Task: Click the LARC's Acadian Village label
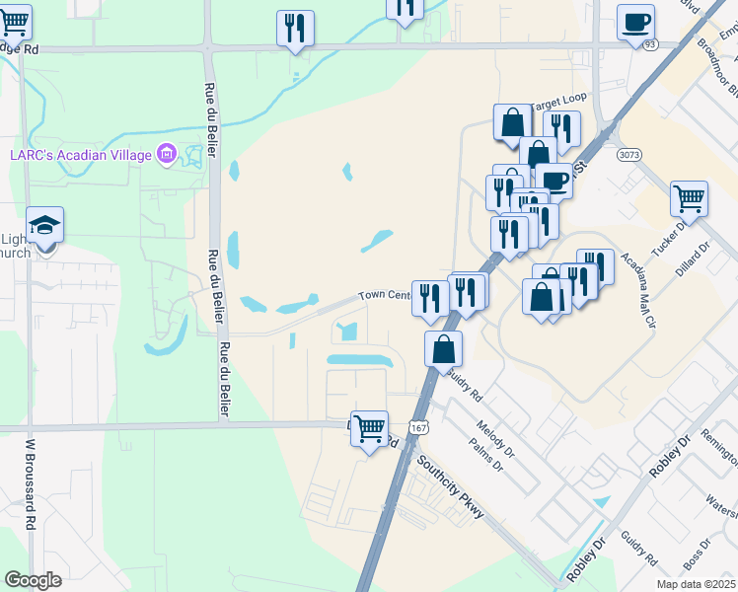click(x=80, y=154)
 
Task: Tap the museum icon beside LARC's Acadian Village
click(x=166, y=154)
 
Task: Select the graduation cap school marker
click(x=44, y=226)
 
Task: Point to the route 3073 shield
click(x=627, y=155)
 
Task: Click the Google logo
click(x=33, y=580)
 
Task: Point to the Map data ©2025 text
click(x=695, y=584)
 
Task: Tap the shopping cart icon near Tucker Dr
click(x=690, y=198)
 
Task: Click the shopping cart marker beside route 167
click(x=370, y=428)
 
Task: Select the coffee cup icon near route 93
click(x=635, y=21)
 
